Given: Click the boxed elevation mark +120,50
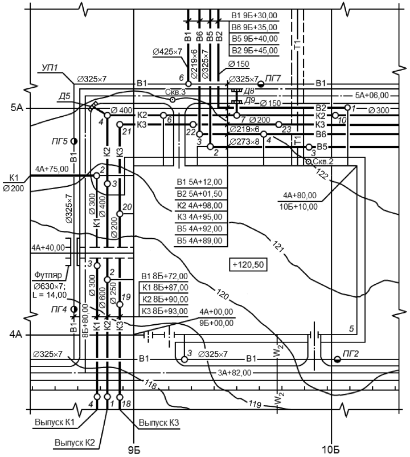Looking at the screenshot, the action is [248, 264].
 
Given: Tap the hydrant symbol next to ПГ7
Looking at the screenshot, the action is [261, 84].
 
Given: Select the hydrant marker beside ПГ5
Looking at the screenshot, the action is [74, 141].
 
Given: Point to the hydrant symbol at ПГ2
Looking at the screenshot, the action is [337, 359].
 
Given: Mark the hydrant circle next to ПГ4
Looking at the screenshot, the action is [74, 309].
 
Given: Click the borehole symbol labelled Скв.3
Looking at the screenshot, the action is [173, 100].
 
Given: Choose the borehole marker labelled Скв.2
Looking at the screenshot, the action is [309, 161].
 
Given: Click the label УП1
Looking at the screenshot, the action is [50, 68].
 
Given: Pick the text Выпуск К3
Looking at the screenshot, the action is [159, 423].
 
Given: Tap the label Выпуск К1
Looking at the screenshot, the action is [55, 422].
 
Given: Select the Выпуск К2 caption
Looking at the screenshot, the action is [75, 442].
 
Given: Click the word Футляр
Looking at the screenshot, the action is [48, 275].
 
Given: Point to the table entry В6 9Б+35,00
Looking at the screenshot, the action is [254, 27].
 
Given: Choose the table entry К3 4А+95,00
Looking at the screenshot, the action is [199, 217].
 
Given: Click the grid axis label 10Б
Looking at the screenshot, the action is [330, 450].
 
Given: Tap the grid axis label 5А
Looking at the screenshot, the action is [17, 108].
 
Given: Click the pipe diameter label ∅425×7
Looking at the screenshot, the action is [167, 52].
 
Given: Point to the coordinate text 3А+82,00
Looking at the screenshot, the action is [235, 373].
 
